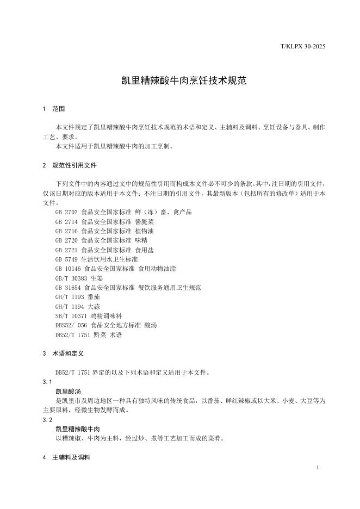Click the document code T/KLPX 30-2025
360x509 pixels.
coord(303,47)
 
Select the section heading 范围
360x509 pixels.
coord(58,109)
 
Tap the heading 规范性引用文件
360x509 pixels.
coord(75,165)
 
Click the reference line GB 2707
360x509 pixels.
coord(123,212)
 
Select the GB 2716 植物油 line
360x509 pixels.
coord(105,231)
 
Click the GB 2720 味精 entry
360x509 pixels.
coord(101,240)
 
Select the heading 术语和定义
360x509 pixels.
coord(68,353)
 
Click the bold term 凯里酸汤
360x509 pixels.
coord(68,391)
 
